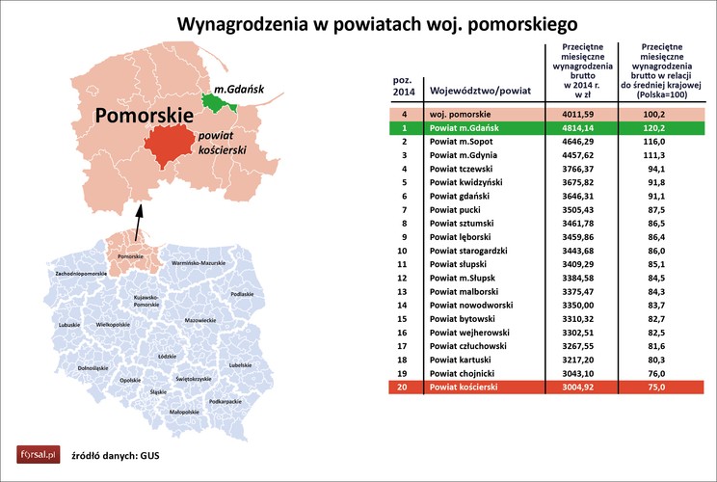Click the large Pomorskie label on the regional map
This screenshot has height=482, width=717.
[x=140, y=116]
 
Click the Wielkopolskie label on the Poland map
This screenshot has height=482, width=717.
[x=113, y=326]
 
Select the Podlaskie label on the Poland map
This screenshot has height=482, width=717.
[x=242, y=294]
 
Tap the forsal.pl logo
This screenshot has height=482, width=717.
[x=35, y=454]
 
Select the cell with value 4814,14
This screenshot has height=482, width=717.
[x=574, y=126]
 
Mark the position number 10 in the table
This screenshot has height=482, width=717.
[x=405, y=250]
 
